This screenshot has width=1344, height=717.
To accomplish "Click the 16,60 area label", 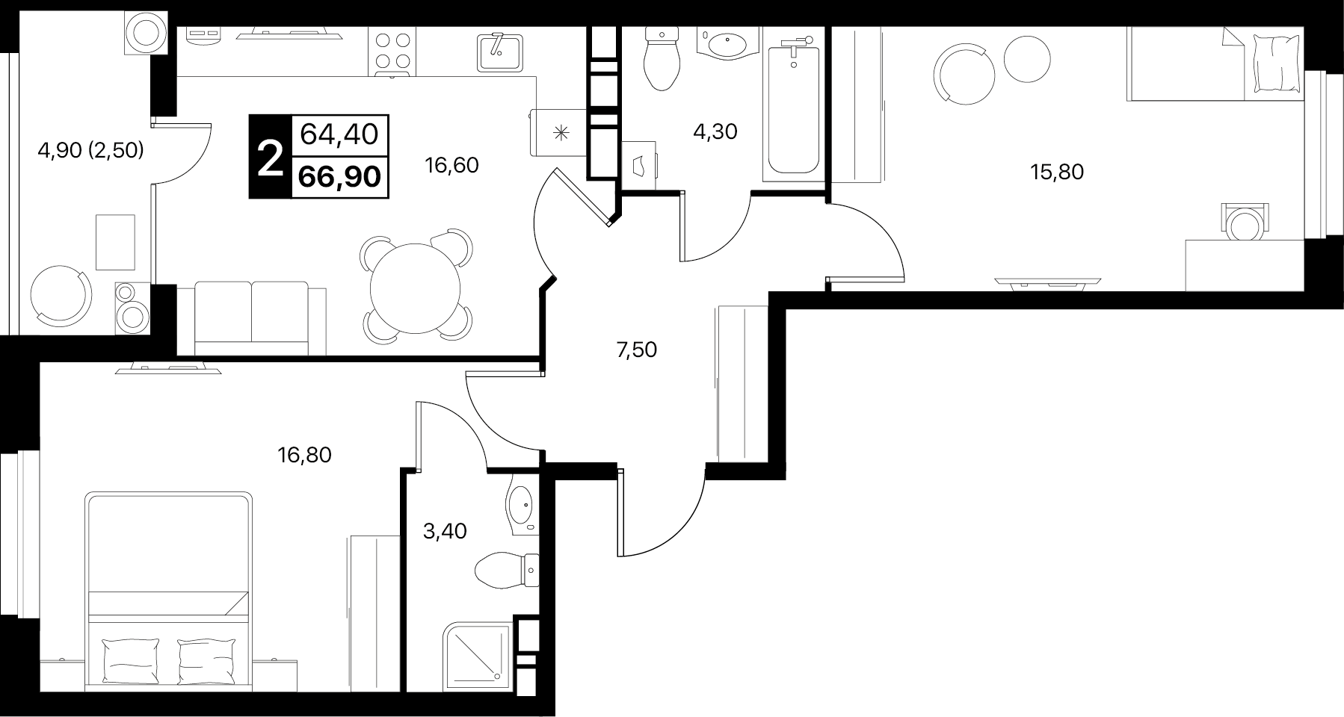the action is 451,165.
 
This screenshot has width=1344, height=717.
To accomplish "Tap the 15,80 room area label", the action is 1056,173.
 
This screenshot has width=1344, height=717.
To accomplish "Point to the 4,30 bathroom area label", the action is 715,132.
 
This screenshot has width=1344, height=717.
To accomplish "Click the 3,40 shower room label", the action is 445,531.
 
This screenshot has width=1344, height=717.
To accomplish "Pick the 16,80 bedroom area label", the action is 304,454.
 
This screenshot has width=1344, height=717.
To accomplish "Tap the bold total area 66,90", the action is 339,176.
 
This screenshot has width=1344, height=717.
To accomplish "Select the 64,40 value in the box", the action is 339,134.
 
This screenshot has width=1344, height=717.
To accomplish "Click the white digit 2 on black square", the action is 269,158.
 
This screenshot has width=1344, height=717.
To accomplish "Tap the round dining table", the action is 416,288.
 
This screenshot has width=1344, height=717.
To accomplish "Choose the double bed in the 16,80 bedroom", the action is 168,591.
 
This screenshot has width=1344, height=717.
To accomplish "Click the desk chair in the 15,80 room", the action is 1244,222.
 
